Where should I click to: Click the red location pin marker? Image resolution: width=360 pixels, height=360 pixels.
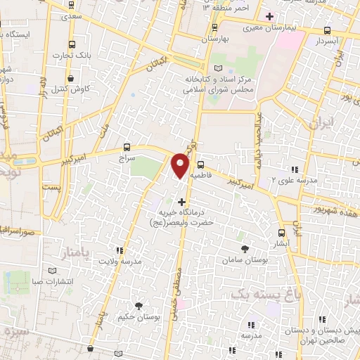181,165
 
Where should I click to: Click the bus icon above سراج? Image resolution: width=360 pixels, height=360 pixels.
127,147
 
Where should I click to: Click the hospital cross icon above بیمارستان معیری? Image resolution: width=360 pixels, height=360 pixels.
269,15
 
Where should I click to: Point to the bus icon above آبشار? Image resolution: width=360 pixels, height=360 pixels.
281,233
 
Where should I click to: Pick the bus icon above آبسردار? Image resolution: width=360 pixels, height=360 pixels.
327,30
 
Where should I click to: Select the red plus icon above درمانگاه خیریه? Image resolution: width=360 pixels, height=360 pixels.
183,202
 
